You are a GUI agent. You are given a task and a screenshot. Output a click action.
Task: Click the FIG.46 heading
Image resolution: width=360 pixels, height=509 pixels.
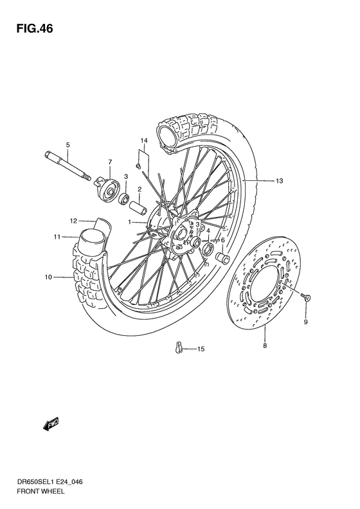[x=30, y=29]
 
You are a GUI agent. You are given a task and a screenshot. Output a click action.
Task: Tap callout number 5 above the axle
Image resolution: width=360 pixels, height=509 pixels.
[x=67, y=144]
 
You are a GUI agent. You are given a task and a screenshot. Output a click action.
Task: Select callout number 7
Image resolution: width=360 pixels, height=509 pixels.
[x=110, y=162]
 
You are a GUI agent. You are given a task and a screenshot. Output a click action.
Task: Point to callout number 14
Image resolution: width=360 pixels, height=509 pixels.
[x=145, y=140]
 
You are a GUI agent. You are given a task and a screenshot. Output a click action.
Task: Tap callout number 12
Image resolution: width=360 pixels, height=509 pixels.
[x=74, y=220]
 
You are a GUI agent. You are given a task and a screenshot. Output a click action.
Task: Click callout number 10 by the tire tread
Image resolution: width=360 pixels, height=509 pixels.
[x=48, y=277]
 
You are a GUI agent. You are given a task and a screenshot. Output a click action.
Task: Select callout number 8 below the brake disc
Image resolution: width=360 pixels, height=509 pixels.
[x=265, y=346]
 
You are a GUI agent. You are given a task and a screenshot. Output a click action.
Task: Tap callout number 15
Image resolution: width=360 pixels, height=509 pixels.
[x=201, y=349]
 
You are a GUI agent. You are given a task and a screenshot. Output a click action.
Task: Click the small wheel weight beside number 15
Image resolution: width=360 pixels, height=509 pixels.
[x=179, y=348]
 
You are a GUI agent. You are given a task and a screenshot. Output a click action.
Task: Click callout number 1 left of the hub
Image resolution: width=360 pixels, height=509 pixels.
[x=129, y=222]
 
